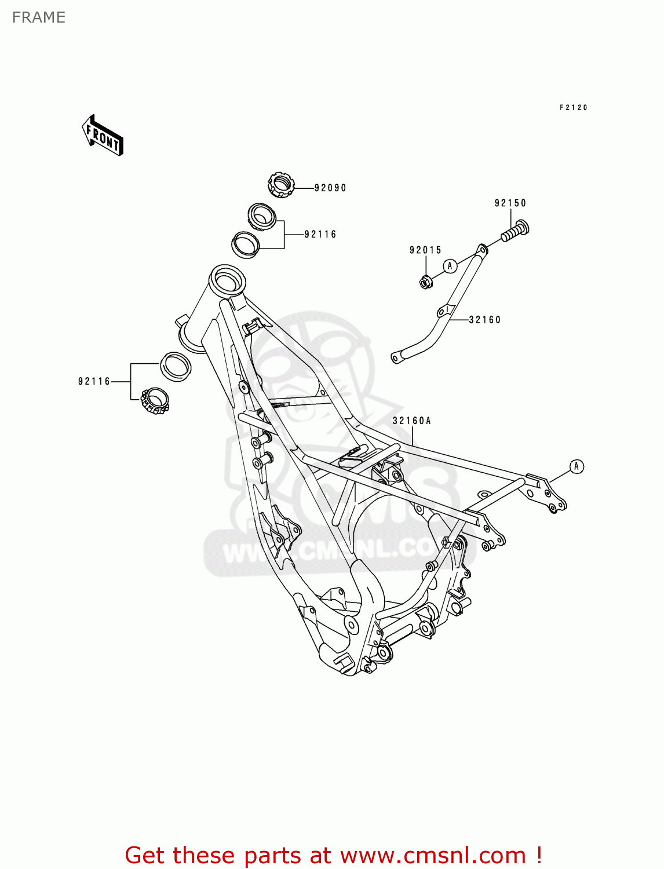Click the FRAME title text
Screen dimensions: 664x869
(x=39, y=17)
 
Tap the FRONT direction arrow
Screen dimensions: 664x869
(x=102, y=135)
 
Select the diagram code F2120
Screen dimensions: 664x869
(x=573, y=107)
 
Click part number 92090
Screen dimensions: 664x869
(x=330, y=188)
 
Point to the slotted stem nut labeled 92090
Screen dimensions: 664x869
(x=281, y=185)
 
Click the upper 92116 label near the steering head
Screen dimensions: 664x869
(x=320, y=235)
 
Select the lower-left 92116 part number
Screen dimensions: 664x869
(x=94, y=381)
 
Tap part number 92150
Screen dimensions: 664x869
(x=510, y=203)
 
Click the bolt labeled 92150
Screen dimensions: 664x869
(x=515, y=231)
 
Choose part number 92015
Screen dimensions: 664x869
(x=425, y=250)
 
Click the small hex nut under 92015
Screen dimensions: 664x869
(x=426, y=282)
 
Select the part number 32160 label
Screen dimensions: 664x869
(x=484, y=319)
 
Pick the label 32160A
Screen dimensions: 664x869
(x=411, y=421)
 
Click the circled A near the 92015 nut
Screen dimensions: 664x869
(x=450, y=266)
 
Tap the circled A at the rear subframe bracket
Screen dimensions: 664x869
(x=576, y=466)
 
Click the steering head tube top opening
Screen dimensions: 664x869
(x=227, y=281)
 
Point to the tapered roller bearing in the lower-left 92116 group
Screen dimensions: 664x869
(x=155, y=401)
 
